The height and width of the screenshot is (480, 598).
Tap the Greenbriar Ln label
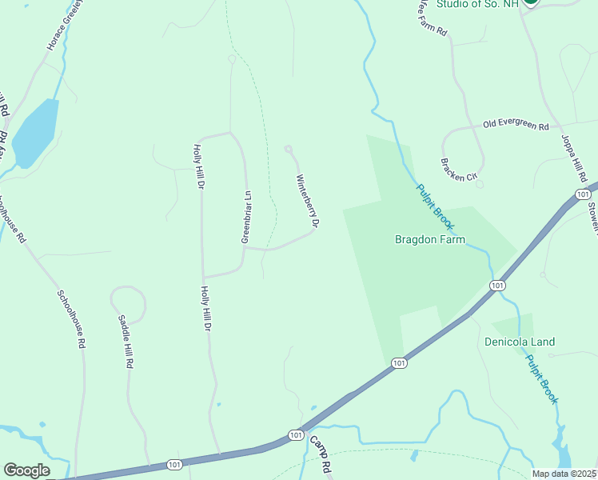click(x=247, y=217)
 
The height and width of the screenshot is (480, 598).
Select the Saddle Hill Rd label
click(x=126, y=341)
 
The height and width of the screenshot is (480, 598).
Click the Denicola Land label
click(x=520, y=342)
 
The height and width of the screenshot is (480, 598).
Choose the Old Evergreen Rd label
click(x=516, y=126)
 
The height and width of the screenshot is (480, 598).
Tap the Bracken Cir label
click(x=458, y=169)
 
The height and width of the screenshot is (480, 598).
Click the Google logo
click(x=26, y=470)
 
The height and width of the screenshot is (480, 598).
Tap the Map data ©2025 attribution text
click(x=564, y=474)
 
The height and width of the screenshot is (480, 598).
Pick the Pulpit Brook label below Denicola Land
click(x=541, y=378)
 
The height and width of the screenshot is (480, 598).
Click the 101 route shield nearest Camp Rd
click(x=296, y=435)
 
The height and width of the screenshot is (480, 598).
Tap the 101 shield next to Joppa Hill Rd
click(x=583, y=195)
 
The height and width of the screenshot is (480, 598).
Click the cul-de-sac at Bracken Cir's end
click(x=479, y=184)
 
